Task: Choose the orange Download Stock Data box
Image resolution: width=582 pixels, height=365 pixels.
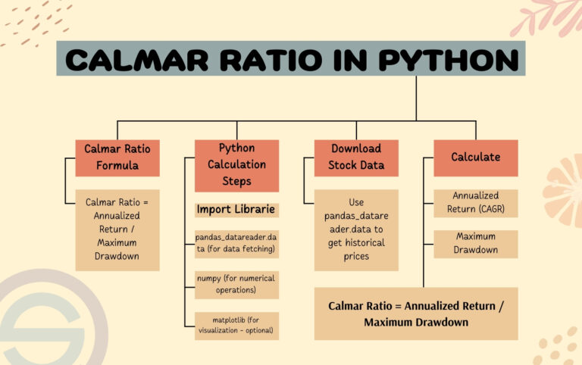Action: [355, 157]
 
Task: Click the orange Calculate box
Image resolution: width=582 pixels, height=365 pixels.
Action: [475, 157]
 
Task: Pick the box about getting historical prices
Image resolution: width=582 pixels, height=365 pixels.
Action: [356, 229]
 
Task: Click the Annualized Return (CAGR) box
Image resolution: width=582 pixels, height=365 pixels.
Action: [475, 202]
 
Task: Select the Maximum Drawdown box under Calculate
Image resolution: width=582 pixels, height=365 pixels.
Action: [475, 243]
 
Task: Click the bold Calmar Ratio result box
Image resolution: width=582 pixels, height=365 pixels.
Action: [416, 314]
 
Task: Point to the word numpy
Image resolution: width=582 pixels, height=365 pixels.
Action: [210, 278]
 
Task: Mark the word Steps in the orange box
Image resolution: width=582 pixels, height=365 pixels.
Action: [237, 181]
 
